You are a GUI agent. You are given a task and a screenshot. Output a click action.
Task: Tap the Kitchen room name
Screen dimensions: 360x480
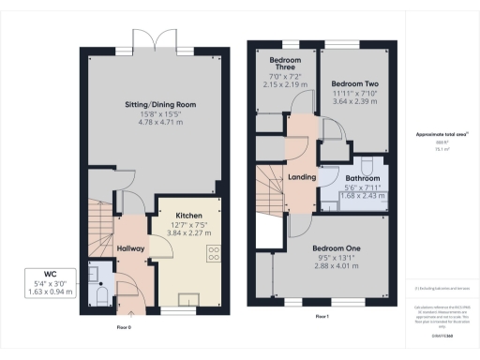click(188, 215)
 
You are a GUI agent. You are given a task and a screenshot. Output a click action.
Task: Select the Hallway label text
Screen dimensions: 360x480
click(131, 248)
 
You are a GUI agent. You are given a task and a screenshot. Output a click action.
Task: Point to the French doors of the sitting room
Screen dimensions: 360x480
click(153, 40)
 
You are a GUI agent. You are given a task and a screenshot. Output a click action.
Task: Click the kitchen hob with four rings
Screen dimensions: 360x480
click(213, 253)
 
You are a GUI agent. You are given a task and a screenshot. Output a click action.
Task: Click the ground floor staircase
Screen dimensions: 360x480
click(102, 225)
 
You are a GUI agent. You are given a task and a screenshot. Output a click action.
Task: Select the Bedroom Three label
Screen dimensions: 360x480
click(282, 68)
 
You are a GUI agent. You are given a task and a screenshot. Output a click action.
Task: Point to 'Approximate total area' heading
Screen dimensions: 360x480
click(435, 135)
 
